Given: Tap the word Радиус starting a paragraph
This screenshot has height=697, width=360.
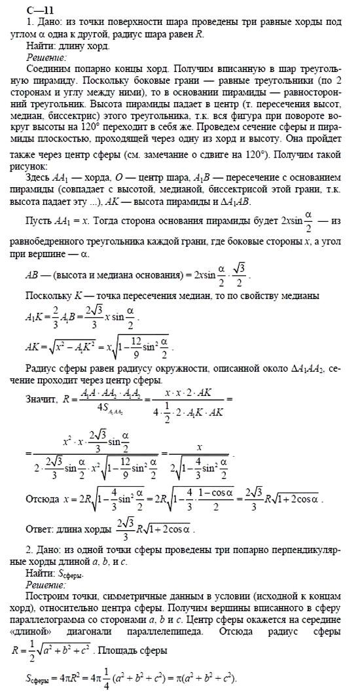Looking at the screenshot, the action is [x=43, y=366].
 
